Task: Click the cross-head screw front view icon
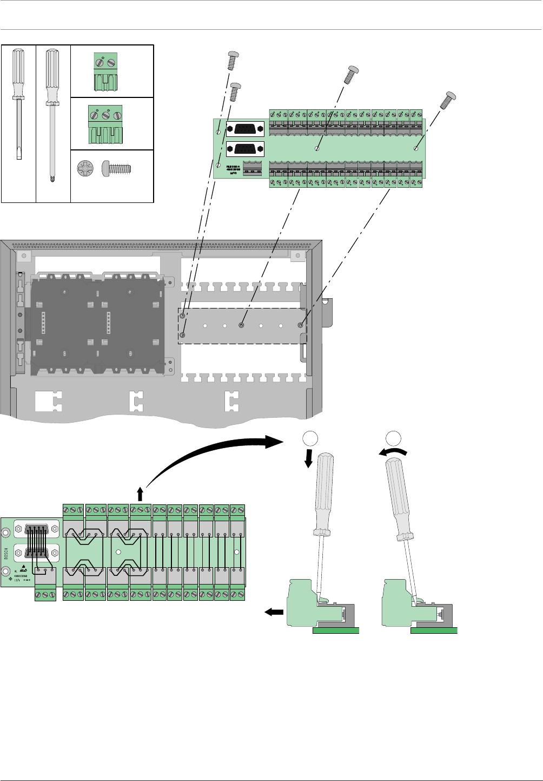(85, 167)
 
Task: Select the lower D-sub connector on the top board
(245, 149)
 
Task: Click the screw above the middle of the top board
(352, 74)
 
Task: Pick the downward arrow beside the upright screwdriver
(309, 460)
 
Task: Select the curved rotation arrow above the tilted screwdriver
(393, 454)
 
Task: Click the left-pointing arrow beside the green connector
(274, 612)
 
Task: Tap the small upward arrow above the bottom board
(140, 494)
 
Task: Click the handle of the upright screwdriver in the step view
(325, 493)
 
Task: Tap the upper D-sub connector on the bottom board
(36, 529)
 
